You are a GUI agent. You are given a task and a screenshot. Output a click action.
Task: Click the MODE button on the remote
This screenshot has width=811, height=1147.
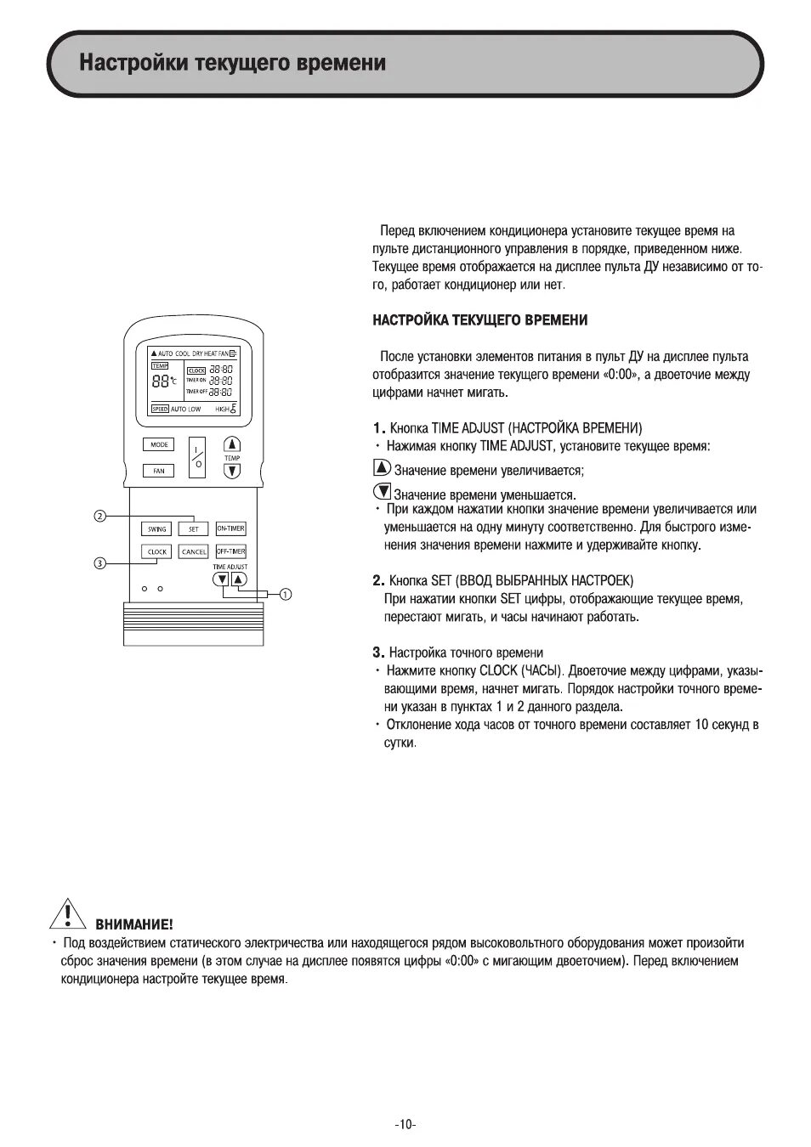tap(159, 444)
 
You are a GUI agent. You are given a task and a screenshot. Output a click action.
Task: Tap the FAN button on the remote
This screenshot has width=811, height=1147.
tap(159, 470)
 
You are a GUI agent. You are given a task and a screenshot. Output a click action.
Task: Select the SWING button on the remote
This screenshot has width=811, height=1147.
tap(157, 528)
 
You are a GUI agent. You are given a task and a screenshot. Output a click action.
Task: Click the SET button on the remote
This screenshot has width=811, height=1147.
tap(193, 528)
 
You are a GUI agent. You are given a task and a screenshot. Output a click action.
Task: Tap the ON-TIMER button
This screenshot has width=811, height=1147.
tap(230, 528)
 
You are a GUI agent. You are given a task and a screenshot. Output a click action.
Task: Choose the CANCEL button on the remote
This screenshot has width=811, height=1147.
tap(194, 551)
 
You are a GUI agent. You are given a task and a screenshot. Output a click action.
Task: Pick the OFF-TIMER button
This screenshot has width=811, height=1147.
tap(230, 551)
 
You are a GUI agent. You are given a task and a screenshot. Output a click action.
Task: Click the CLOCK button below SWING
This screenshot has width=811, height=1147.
tap(157, 551)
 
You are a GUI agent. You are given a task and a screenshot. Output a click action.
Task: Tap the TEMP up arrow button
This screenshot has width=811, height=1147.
tap(232, 444)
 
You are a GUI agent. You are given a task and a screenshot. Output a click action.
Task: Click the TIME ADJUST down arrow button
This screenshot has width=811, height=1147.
tap(222, 579)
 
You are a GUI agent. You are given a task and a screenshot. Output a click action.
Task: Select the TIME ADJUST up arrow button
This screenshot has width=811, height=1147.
tap(239, 579)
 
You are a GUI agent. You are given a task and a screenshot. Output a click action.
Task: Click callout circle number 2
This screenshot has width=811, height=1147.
tap(99, 516)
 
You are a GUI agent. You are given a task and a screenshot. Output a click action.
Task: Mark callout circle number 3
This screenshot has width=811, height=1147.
tap(99, 562)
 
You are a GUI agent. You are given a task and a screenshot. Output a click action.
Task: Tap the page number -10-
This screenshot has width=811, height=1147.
tap(405, 1124)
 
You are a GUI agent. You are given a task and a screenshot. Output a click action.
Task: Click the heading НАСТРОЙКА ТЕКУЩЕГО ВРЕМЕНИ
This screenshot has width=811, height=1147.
tap(479, 319)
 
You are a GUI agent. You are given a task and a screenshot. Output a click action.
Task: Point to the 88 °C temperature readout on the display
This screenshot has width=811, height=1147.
tap(163, 381)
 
